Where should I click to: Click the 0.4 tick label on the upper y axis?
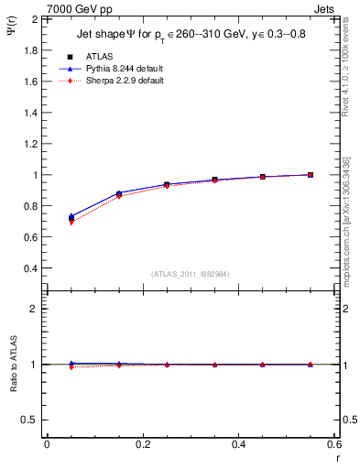pos(32,268)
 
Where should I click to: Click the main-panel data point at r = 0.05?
pos(71,217)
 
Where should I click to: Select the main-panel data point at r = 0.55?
pos(311,174)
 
